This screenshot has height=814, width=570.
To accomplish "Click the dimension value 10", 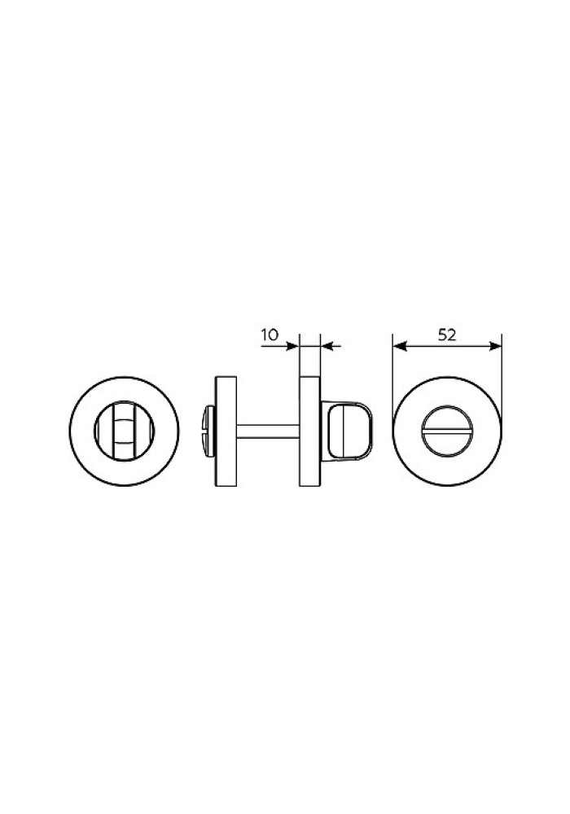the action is (x=270, y=335).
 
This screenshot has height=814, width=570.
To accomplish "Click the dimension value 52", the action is (x=447, y=335).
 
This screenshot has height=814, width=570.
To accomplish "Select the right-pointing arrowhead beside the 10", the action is (x=293, y=346).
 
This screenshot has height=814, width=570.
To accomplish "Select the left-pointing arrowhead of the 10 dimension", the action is (x=327, y=346).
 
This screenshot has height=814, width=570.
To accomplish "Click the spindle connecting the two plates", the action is (x=269, y=431).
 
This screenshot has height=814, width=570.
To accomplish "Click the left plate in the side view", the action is (x=226, y=431).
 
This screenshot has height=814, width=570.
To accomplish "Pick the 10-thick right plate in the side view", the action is (x=310, y=431).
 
